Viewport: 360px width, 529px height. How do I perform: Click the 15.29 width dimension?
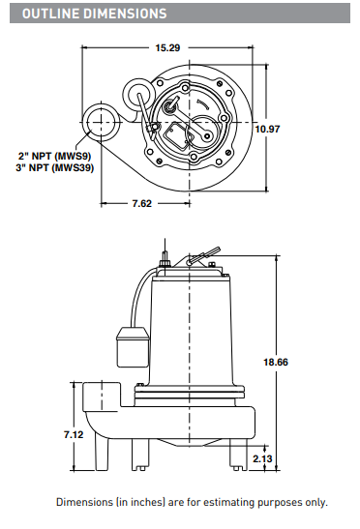tap(167, 48)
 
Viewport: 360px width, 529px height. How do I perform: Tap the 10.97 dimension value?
tap(267, 129)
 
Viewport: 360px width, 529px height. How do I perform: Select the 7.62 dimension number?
tap(142, 203)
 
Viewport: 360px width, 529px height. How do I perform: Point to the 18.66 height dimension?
tap(276, 363)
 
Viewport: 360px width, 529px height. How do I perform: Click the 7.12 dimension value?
tap(74, 434)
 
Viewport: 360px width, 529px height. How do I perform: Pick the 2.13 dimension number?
tap(262, 458)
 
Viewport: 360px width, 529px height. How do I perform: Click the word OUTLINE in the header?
tap(51, 14)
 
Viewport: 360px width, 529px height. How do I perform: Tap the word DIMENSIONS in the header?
tap(125, 14)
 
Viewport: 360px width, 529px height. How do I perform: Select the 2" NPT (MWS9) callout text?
tap(55, 157)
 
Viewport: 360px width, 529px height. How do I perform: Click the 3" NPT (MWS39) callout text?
tap(55, 167)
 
